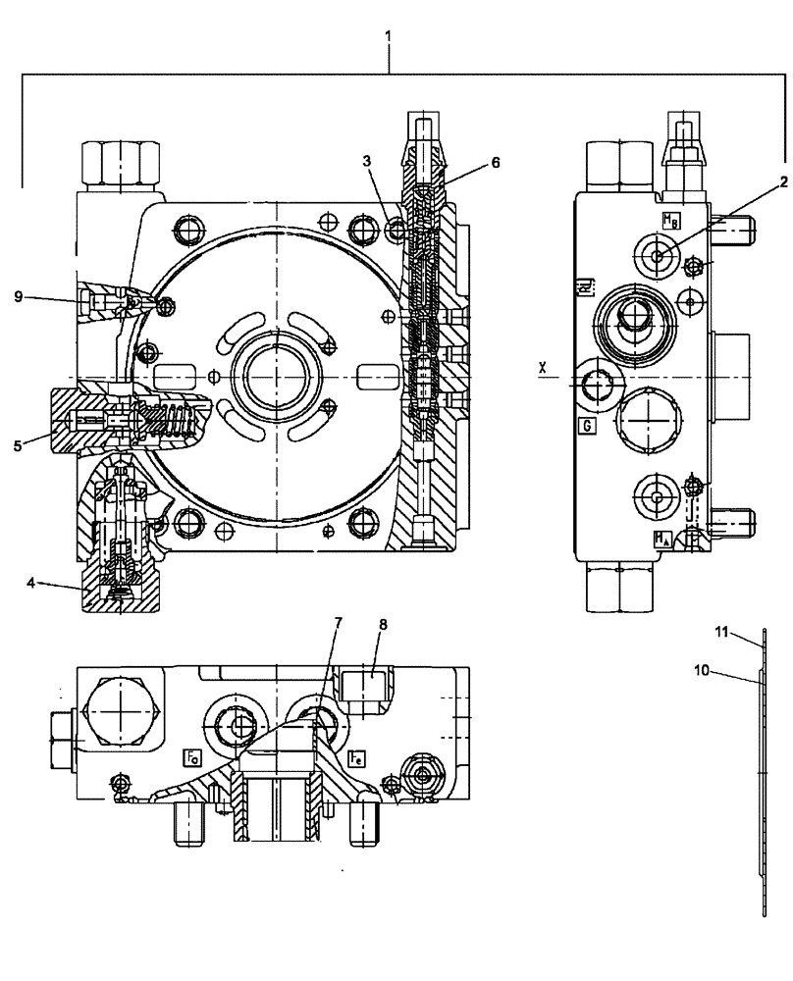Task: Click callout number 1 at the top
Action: tap(390, 37)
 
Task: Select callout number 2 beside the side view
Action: tap(784, 181)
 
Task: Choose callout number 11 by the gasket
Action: tap(719, 633)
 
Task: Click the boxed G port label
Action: tap(586, 426)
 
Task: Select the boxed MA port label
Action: tap(663, 538)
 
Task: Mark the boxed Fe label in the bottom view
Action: tap(356, 756)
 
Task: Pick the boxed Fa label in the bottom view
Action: tap(192, 756)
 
